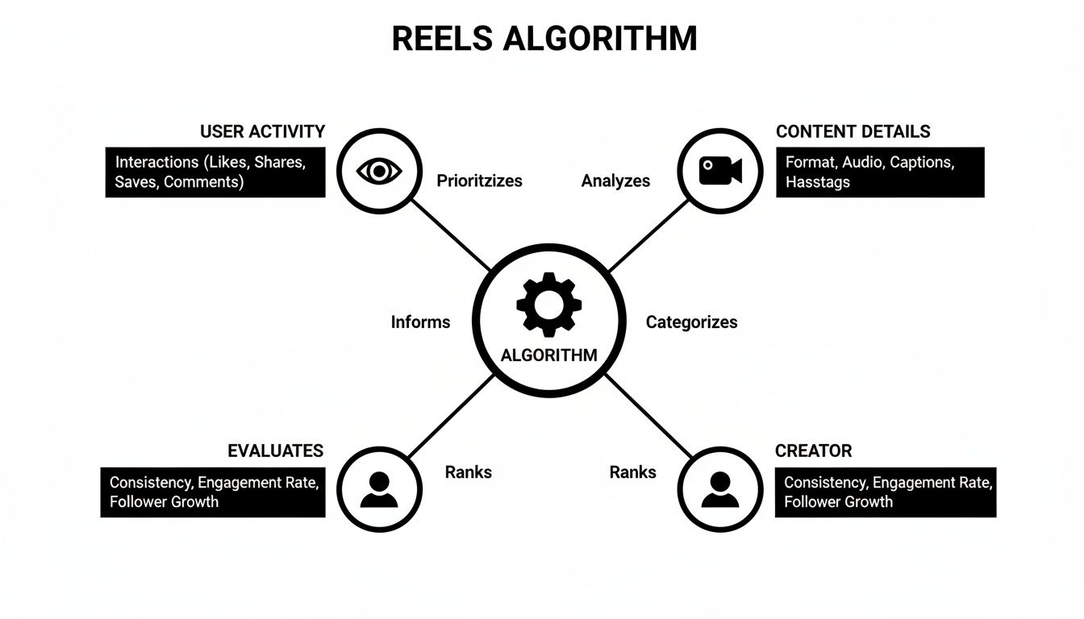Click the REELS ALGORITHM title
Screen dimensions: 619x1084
544,39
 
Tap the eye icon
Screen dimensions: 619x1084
378,170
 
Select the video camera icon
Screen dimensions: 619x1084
719,170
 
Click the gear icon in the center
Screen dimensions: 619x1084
548,305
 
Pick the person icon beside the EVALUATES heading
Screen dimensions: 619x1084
378,488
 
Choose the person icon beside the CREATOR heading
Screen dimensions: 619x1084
719,488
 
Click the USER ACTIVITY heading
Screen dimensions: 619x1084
262,131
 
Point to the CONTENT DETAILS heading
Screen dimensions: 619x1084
853,131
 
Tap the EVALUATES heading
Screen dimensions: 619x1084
275,451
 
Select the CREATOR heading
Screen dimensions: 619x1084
813,451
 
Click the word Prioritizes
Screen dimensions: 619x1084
479,181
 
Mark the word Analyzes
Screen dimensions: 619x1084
615,181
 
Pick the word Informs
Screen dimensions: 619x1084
420,322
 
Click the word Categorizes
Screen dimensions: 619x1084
691,322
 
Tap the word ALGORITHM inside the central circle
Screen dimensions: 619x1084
548,355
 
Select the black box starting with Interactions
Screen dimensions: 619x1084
215,172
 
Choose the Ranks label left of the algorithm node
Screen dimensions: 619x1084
468,472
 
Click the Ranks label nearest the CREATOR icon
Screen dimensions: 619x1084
632,472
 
